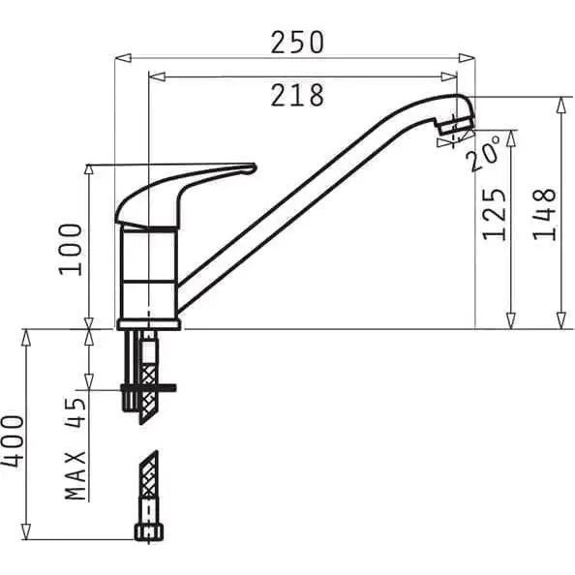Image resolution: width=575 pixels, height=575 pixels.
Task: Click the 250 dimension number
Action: point(297,43)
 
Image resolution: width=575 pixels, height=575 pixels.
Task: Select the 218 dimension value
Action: point(297,95)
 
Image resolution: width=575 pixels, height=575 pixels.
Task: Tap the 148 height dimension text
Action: point(544,214)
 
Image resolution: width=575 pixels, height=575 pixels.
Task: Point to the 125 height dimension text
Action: point(494,214)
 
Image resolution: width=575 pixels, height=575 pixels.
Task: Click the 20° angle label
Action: point(484,153)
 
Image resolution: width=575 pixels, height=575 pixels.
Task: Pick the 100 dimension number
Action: point(70,249)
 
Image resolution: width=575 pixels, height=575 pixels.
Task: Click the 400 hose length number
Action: point(13,441)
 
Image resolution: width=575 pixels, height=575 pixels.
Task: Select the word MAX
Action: point(76,475)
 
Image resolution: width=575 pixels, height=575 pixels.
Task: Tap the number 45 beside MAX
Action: point(76,412)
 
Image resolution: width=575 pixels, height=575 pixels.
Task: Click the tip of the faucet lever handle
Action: point(255,168)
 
